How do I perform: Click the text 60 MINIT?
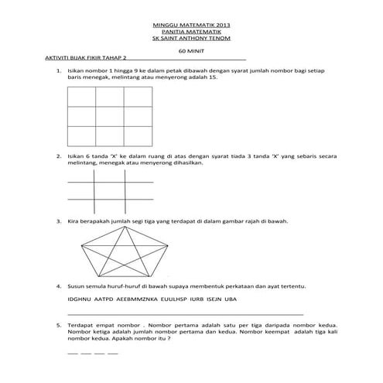coord(192,50)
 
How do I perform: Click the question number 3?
coord(58,221)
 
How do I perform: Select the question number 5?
coord(58,325)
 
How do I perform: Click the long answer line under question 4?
coord(186,313)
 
